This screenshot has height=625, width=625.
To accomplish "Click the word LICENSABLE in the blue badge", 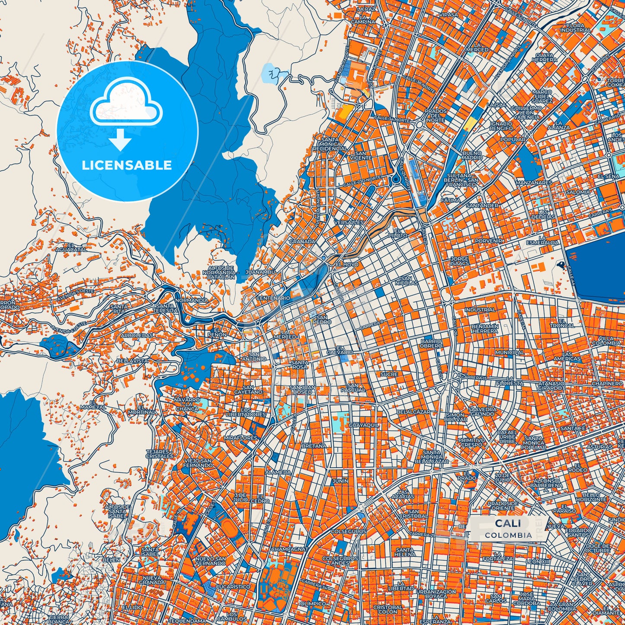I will [127, 165].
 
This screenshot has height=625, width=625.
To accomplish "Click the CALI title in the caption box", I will [508, 523].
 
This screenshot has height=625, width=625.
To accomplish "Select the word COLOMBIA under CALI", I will [508, 535].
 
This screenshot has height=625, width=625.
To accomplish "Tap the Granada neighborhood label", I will [302, 241].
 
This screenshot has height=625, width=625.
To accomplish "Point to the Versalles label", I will [349, 222].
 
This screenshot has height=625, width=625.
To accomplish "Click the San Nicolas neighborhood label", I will [406, 280].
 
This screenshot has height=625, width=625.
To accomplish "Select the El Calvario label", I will [340, 349].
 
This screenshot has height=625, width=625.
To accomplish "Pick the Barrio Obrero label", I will [431, 343].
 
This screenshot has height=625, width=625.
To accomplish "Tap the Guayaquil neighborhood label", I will [363, 425].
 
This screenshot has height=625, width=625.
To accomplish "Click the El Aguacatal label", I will [71, 247].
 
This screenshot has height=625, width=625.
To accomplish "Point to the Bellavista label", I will [132, 360].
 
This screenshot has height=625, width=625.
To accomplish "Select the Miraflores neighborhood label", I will [240, 438].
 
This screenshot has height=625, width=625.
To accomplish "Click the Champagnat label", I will [290, 549].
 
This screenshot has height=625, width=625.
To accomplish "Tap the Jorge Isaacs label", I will [459, 261].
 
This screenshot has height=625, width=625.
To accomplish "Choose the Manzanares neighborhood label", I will [534, 183].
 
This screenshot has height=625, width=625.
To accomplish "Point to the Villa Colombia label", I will [606, 340].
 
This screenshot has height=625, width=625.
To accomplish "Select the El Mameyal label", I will [93, 405].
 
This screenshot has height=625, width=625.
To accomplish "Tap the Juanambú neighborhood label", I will [260, 272].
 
